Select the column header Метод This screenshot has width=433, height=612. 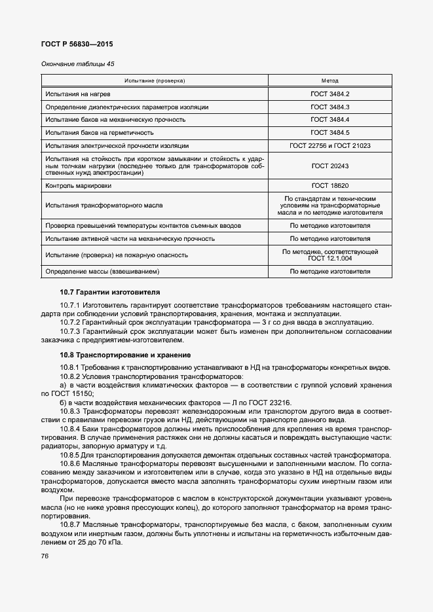[x=330, y=81]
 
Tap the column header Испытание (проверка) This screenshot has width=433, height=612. [x=155, y=81]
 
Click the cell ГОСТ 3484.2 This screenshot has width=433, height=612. [x=330, y=94]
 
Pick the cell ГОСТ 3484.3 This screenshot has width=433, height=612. [x=330, y=107]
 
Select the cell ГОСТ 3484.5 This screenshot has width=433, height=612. [x=330, y=132]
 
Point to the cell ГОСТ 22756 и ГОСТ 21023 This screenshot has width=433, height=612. [x=330, y=145]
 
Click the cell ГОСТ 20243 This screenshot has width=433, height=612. [x=330, y=166]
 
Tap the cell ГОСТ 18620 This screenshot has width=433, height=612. [x=330, y=186]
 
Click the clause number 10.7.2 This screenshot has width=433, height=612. [x=69, y=322]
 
